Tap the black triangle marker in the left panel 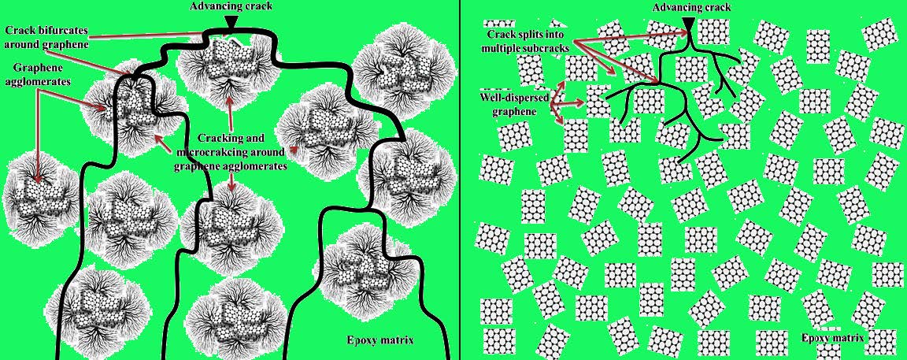[231, 21]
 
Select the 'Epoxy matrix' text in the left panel [379, 340]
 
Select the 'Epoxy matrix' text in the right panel [833, 337]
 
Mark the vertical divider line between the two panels [460, 180]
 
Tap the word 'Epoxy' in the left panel [361, 340]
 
